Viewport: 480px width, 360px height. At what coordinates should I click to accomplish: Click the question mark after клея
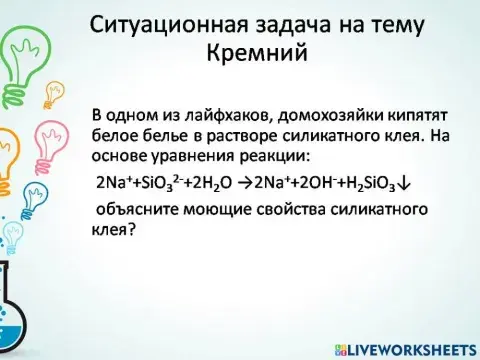131,232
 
